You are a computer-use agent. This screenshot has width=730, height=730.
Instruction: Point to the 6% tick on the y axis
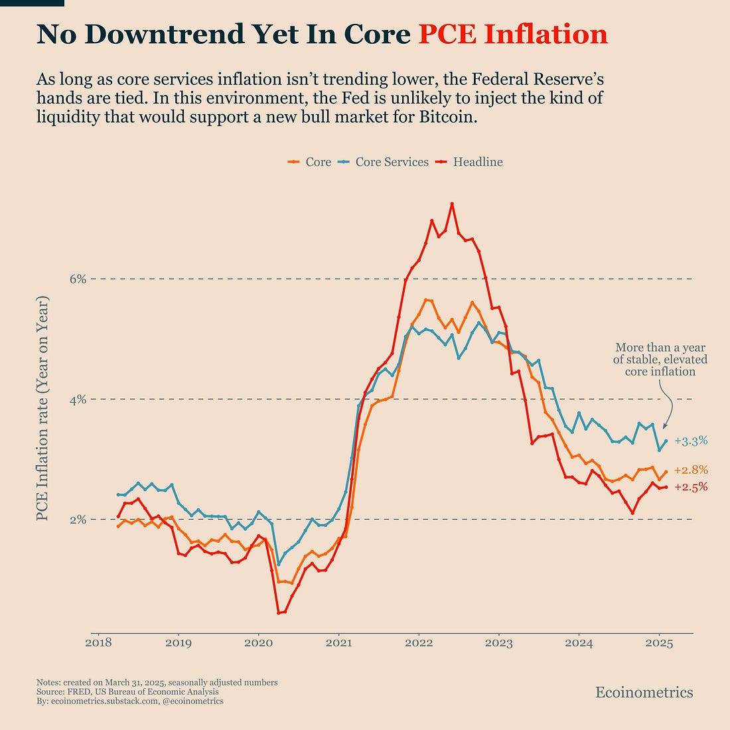(x=78, y=279)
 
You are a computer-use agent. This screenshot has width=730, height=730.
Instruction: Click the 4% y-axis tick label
(x=78, y=400)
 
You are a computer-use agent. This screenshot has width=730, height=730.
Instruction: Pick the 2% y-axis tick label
(x=78, y=520)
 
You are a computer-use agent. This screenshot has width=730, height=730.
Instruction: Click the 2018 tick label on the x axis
(x=98, y=643)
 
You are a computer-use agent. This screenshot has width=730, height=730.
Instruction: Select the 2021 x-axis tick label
(x=338, y=643)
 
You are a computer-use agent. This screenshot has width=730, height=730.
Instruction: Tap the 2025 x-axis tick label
(x=660, y=643)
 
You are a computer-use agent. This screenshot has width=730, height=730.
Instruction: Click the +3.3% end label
(x=691, y=441)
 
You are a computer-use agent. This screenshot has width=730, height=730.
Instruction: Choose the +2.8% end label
(x=691, y=471)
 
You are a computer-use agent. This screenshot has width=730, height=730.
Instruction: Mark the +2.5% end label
(x=691, y=487)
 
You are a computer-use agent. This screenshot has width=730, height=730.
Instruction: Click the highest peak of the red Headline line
(x=452, y=204)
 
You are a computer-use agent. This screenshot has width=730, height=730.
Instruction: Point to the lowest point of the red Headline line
(x=279, y=613)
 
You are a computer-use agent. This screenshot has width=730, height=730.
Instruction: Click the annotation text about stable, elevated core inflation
(x=660, y=359)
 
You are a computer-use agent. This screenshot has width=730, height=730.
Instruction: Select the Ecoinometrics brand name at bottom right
(x=644, y=693)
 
